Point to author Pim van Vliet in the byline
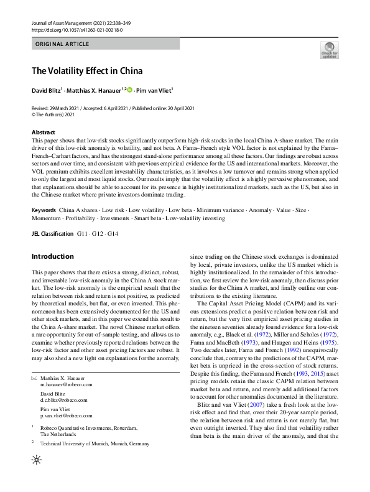(154, 91)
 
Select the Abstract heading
(43, 132)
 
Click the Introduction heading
(52, 256)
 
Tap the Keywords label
(44, 210)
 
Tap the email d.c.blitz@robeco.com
(64, 401)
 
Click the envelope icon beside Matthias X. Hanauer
(34, 378)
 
